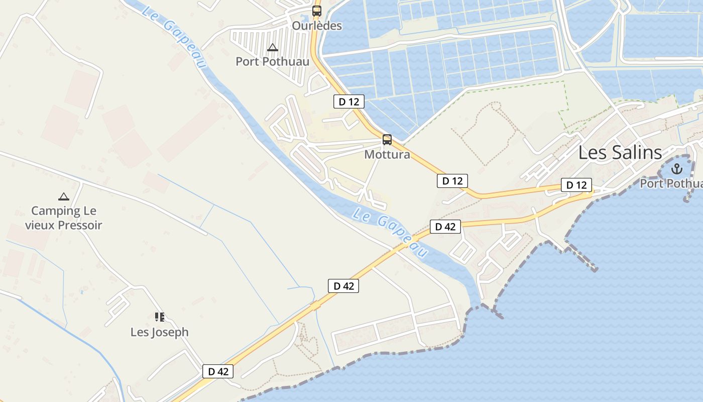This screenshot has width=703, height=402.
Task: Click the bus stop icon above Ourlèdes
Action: (x=317, y=11)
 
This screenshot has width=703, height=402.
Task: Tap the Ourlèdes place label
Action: (x=317, y=26)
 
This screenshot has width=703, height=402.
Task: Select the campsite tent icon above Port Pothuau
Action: (x=273, y=48)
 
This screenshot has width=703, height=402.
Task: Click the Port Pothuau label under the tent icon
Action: (x=273, y=62)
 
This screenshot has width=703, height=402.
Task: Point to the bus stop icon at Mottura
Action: (x=387, y=139)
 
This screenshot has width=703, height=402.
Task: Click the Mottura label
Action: (x=387, y=154)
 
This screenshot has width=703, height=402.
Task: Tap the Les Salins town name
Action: (x=620, y=152)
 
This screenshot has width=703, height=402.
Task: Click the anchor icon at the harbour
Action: (x=676, y=168)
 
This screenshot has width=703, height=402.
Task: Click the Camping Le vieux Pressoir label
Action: (x=64, y=218)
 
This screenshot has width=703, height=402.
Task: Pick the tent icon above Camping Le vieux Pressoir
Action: (x=63, y=196)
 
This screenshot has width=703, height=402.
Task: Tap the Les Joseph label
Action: (x=160, y=332)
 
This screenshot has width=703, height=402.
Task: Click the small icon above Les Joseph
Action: (x=160, y=317)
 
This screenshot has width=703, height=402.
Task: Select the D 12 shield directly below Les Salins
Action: (x=576, y=185)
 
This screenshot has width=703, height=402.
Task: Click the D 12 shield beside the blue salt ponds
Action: (x=348, y=102)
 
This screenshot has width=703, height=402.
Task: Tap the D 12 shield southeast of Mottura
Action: (x=452, y=181)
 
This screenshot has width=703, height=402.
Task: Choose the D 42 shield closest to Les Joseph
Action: (x=218, y=371)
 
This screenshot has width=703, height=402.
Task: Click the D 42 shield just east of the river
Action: (x=445, y=227)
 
